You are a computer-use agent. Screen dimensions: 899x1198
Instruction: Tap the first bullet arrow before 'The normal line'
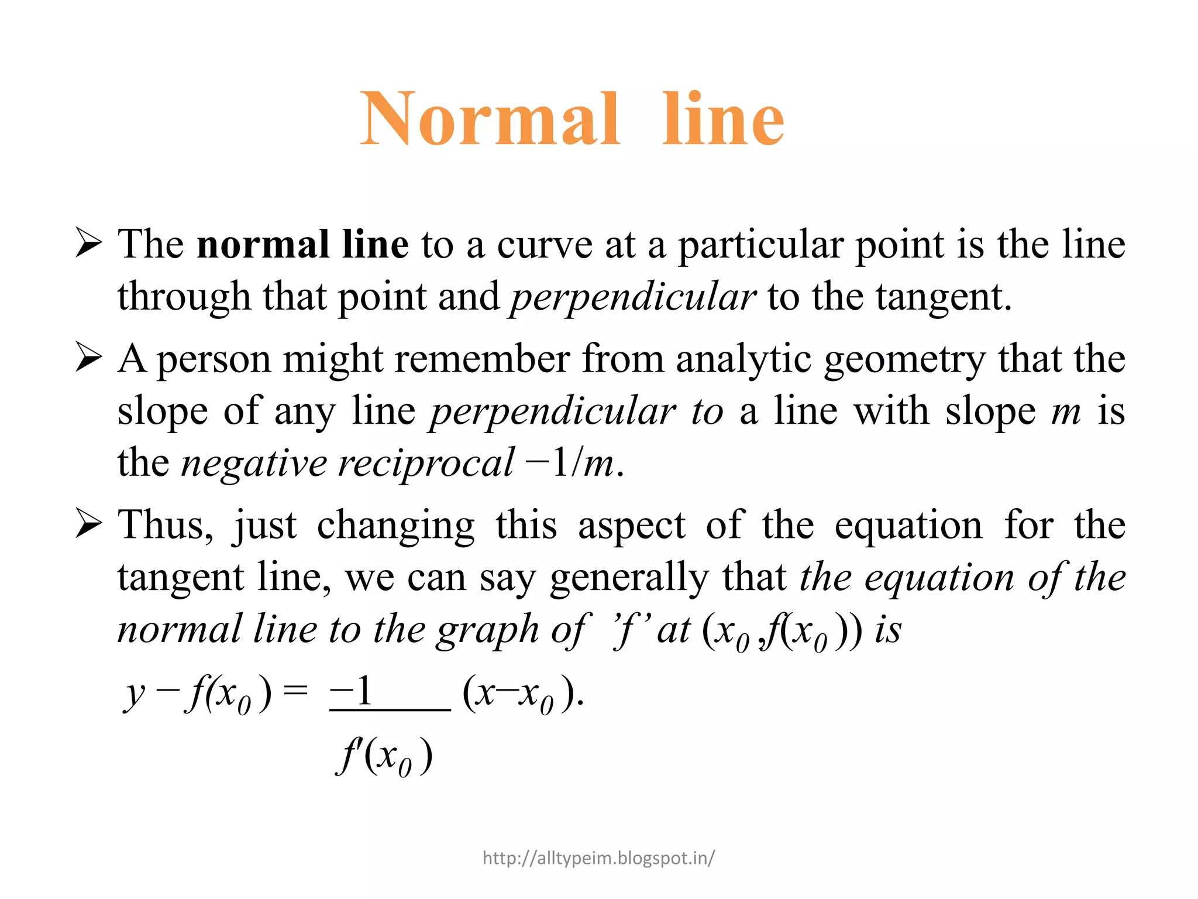pos(89,243)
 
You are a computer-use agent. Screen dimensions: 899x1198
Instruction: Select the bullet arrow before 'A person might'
pos(89,358)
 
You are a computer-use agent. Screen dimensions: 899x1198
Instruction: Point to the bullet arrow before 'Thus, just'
pos(89,523)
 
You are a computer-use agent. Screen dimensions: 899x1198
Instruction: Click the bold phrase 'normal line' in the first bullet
pos(302,244)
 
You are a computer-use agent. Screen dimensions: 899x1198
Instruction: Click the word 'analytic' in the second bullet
pos(743,359)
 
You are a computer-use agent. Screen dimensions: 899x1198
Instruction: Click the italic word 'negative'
pos(254,464)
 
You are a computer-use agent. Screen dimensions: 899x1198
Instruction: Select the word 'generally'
pos(629,578)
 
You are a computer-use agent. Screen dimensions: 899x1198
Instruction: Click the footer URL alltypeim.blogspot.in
pos(598,858)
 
